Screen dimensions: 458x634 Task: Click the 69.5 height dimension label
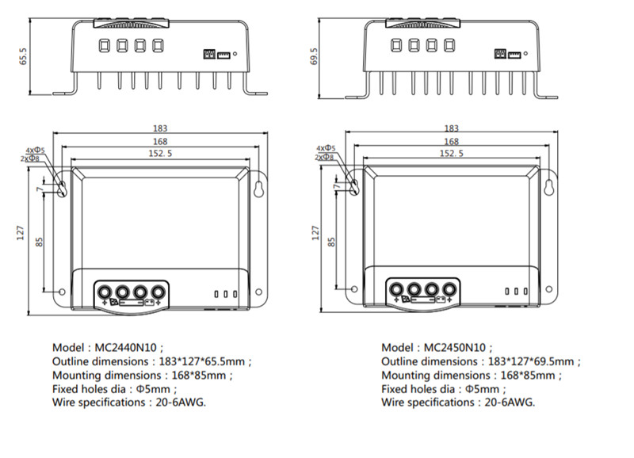pos(315,57)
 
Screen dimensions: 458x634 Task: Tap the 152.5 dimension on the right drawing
pos(451,154)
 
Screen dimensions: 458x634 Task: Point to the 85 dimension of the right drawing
pos(333,239)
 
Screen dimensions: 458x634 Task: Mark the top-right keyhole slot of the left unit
pos(258,187)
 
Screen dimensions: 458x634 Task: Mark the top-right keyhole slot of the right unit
pos(548,187)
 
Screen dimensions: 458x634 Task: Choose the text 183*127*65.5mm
pos(205,361)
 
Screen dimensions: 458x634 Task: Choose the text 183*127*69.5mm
pos(533,361)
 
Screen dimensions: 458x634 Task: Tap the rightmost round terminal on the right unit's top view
pos(448,289)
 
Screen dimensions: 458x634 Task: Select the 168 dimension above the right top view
pos(451,141)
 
